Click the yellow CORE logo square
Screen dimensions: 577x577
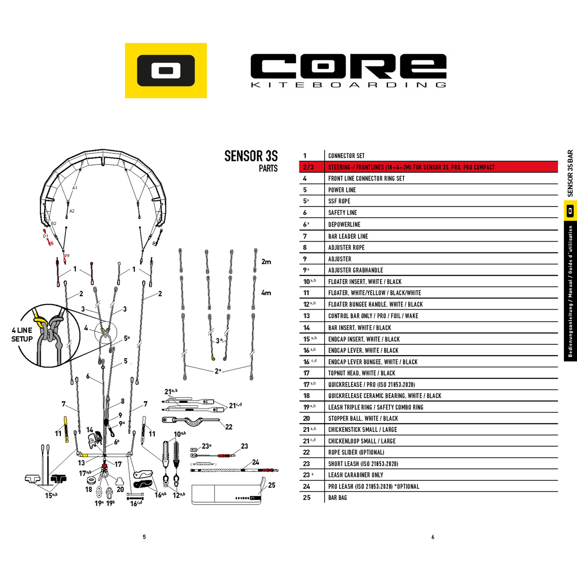[165, 70]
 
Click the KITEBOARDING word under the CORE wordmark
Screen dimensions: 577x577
[348, 85]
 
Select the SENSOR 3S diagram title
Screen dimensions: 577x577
[251, 156]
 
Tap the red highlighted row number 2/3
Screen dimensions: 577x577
[308, 167]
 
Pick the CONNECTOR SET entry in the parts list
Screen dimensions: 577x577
[346, 156]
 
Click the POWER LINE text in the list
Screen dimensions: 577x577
[342, 190]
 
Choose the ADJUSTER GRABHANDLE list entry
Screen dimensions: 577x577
[355, 270]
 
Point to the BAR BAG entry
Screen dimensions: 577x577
[338, 498]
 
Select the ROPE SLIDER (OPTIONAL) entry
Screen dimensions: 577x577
[356, 452]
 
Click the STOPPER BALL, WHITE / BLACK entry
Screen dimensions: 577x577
[363, 418]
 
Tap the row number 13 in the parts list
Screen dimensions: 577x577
[307, 316]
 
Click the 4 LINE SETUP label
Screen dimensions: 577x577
[22, 334]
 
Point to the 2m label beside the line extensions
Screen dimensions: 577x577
[266, 262]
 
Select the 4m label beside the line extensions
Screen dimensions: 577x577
[266, 293]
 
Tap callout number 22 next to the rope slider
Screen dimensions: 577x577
[229, 427]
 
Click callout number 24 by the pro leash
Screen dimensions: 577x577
[256, 462]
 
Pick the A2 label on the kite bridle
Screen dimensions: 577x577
[72, 211]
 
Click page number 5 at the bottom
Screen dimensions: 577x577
[144, 537]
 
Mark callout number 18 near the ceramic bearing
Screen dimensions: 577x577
[89, 489]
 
